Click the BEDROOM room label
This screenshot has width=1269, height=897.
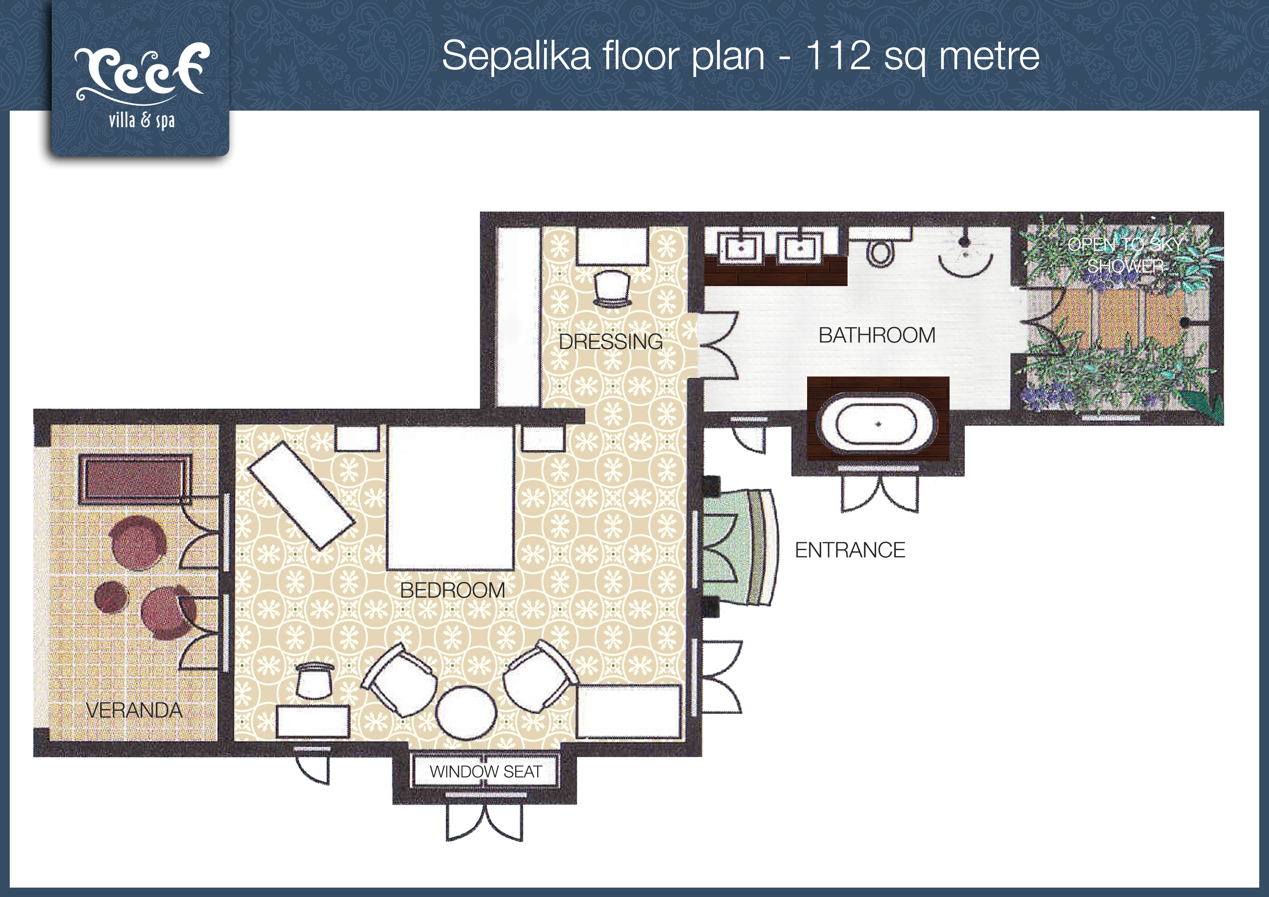pyautogui.click(x=453, y=590)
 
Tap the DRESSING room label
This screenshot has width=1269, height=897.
pyautogui.click(x=611, y=341)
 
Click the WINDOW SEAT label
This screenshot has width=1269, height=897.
pyautogui.click(x=486, y=771)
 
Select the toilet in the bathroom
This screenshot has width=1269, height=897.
pyautogui.click(x=880, y=252)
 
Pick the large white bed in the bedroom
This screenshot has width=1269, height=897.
pyautogui.click(x=450, y=497)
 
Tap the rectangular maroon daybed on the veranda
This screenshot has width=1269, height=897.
pyautogui.click(x=135, y=479)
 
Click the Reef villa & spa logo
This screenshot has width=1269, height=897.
pyautogui.click(x=141, y=86)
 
